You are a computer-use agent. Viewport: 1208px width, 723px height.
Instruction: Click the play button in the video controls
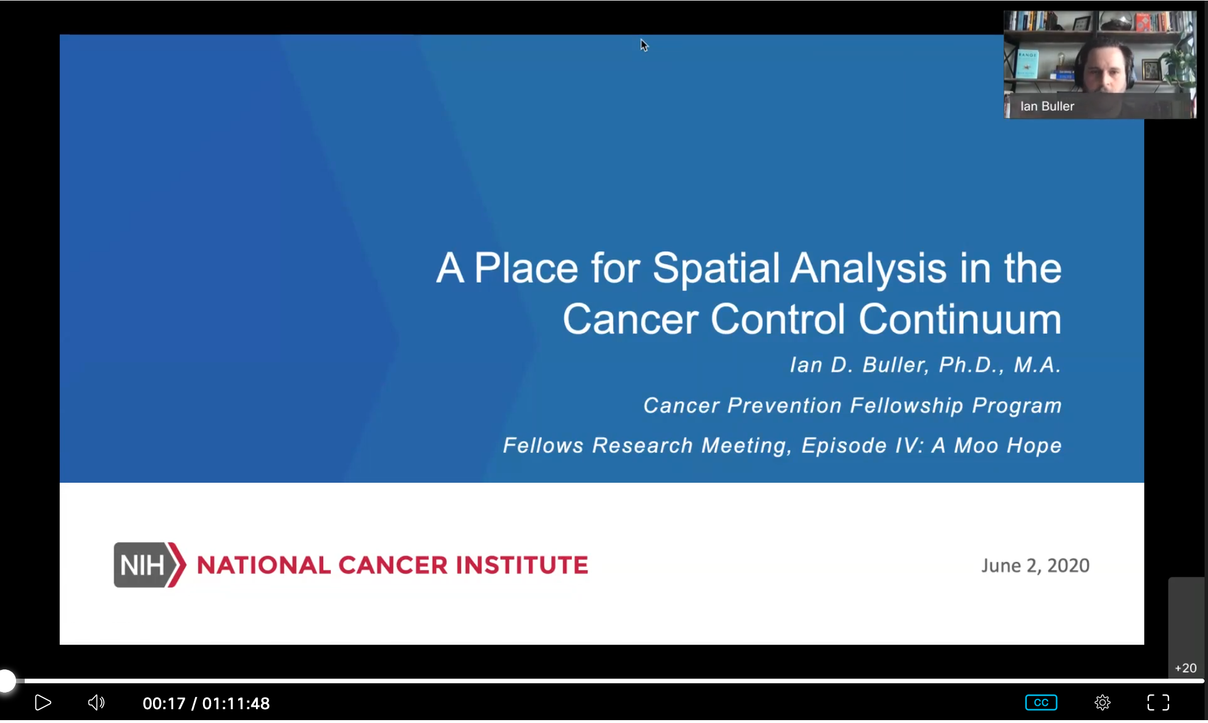coord(43,702)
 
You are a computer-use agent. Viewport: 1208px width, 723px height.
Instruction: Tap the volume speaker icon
coord(96,702)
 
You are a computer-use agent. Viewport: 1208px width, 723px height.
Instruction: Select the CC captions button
coord(1041,702)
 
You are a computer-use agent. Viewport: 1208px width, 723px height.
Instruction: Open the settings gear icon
coord(1102,702)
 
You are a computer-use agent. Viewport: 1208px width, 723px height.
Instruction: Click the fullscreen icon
coord(1158,702)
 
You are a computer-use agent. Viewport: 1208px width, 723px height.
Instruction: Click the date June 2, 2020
coord(1035,565)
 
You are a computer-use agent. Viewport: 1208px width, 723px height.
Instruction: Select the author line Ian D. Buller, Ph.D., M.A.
coord(925,365)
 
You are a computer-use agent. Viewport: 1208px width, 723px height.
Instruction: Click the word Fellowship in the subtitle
coord(907,406)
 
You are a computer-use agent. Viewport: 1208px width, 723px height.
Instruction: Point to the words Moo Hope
coord(1007,446)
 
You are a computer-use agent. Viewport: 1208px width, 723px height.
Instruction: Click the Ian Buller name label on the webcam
coord(1047,106)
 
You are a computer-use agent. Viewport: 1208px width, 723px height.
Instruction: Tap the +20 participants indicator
coord(1186,668)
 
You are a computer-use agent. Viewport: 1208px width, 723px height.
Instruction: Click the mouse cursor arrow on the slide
coord(644,45)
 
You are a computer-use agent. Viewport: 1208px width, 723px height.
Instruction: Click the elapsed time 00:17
coord(164,703)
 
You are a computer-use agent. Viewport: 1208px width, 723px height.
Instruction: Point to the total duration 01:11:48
coord(236,703)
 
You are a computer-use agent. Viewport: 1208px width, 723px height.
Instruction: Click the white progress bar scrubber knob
coord(7,681)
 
